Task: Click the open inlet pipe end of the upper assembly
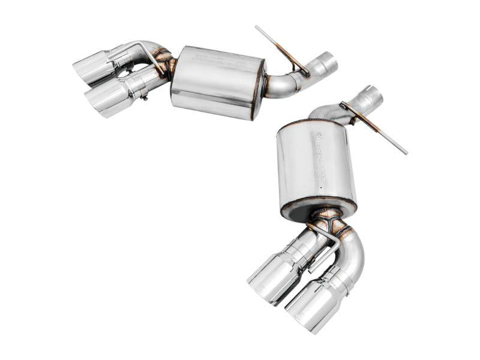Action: pos(328,64)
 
